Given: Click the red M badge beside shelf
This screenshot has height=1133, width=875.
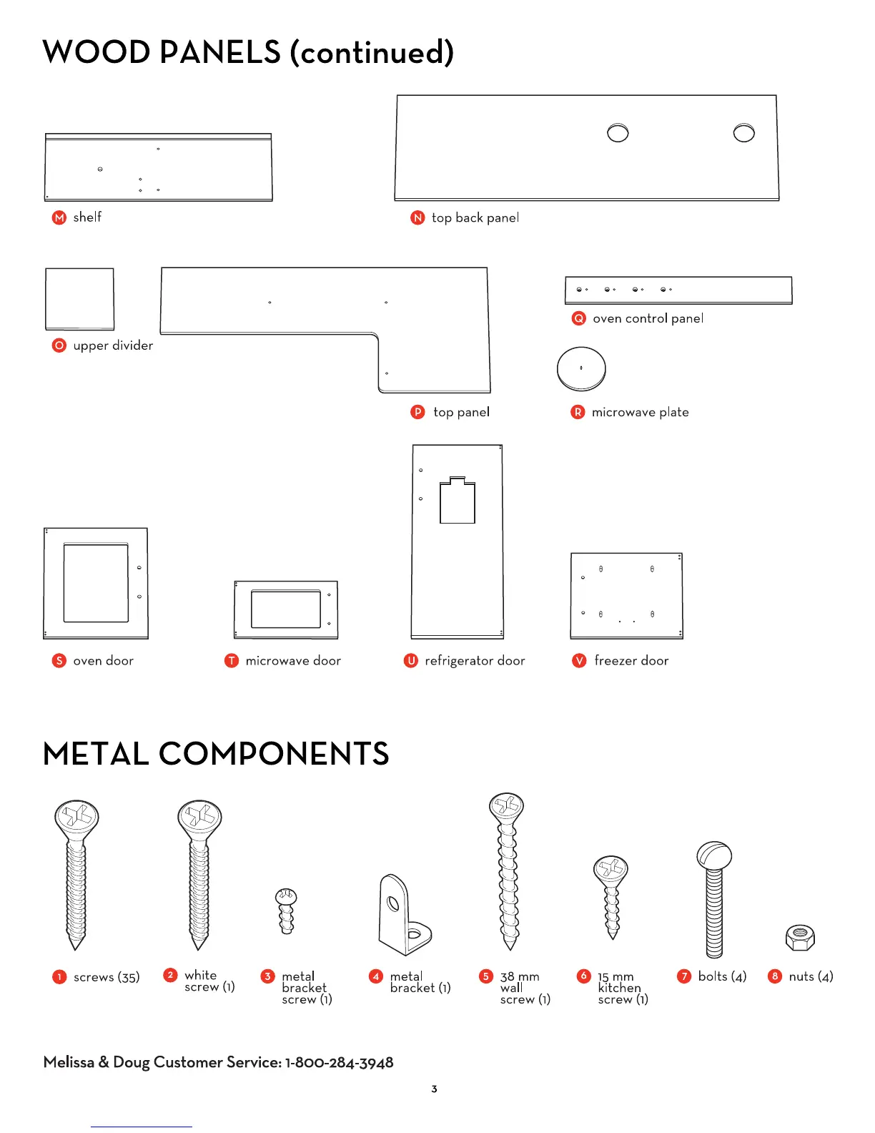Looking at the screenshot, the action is pyautogui.click(x=59, y=217).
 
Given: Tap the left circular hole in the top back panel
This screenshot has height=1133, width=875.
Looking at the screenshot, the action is pyautogui.click(x=618, y=133).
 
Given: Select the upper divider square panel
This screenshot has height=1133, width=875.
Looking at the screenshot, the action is pyautogui.click(x=79, y=299).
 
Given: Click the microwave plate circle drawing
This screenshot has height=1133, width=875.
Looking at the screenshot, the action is pyautogui.click(x=581, y=369).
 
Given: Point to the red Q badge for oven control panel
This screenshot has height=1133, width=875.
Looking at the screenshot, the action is pyautogui.click(x=578, y=318).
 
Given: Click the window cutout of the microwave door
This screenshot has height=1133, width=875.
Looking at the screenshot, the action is pyautogui.click(x=286, y=609).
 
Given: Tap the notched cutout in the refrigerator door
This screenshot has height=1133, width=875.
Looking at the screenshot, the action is pyautogui.click(x=458, y=501).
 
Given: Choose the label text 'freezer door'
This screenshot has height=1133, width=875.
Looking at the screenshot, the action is pyautogui.click(x=631, y=661).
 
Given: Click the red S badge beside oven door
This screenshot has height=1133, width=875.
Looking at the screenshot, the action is pyautogui.click(x=59, y=661).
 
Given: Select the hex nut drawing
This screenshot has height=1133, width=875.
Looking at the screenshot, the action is pyautogui.click(x=800, y=937).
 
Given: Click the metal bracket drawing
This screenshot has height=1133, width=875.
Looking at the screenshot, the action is pyautogui.click(x=403, y=917).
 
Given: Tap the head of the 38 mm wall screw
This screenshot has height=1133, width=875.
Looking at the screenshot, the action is pyautogui.click(x=506, y=807).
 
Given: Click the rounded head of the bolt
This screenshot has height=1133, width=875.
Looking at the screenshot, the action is pyautogui.click(x=714, y=855).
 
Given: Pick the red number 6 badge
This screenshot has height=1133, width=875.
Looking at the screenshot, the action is pyautogui.click(x=583, y=976).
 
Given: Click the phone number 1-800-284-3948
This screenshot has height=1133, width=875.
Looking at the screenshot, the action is pyautogui.click(x=339, y=1063).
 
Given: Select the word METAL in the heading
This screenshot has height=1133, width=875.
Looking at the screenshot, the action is pyautogui.click(x=96, y=754).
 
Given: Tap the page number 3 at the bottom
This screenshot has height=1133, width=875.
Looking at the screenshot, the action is pyautogui.click(x=434, y=1089).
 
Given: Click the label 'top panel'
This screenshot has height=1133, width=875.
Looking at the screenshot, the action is pyautogui.click(x=461, y=412).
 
